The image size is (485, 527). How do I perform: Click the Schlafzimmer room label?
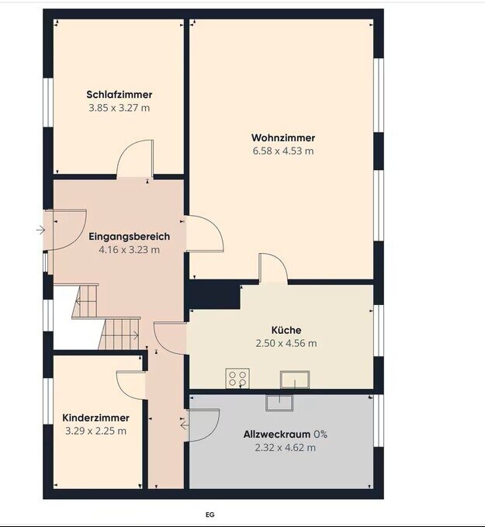click(120, 95)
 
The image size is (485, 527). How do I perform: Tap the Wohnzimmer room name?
click(283, 138)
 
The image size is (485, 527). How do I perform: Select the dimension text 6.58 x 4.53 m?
click(283, 151)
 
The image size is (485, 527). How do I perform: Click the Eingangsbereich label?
click(130, 237)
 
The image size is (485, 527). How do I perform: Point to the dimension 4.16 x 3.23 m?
click(130, 250)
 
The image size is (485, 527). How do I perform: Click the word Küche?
click(286, 330)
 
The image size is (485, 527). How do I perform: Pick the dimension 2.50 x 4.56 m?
click(286, 344)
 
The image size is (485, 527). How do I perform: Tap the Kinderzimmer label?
click(95, 418)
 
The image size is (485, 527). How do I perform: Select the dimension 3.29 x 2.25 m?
click(95, 431)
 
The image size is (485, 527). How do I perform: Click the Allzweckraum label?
click(277, 434)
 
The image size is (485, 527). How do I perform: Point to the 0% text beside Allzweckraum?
click(320, 434)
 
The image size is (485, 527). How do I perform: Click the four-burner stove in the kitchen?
click(237, 378)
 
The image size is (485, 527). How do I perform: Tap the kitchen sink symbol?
click(295, 380)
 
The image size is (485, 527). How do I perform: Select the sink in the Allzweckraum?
click(279, 403)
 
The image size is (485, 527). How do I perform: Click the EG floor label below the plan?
click(210, 515)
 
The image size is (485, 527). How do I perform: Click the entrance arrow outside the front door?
click(40, 231)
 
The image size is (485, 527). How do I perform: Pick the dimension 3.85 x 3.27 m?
click(120, 108)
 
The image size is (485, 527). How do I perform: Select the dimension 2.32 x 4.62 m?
click(286, 448)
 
